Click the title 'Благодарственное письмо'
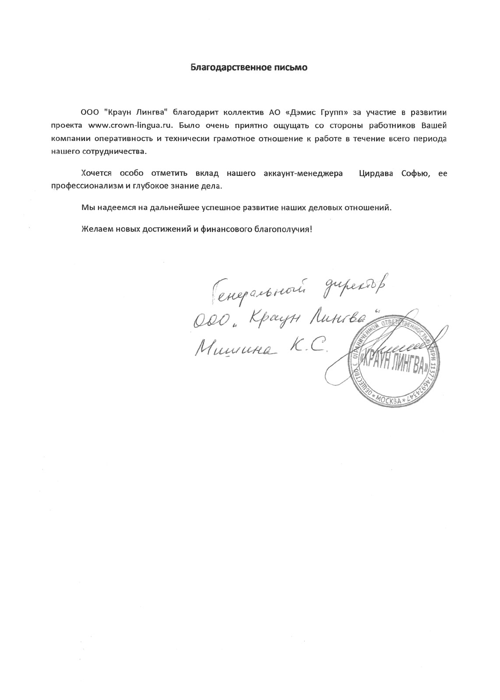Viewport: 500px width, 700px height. [x=249, y=67]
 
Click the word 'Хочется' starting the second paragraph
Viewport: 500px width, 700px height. [x=96, y=174]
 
